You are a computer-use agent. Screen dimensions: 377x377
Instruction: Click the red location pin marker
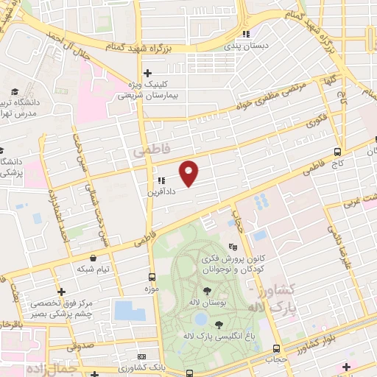(189, 173)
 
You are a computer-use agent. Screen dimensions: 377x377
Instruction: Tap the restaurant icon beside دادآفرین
(160, 180)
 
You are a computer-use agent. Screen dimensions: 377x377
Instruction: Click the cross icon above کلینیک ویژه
(148, 73)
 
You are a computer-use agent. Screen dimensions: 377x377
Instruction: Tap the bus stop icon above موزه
(152, 278)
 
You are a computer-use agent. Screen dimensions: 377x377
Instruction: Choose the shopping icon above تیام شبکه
(94, 258)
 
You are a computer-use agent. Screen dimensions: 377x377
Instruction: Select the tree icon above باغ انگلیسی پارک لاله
(219, 325)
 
